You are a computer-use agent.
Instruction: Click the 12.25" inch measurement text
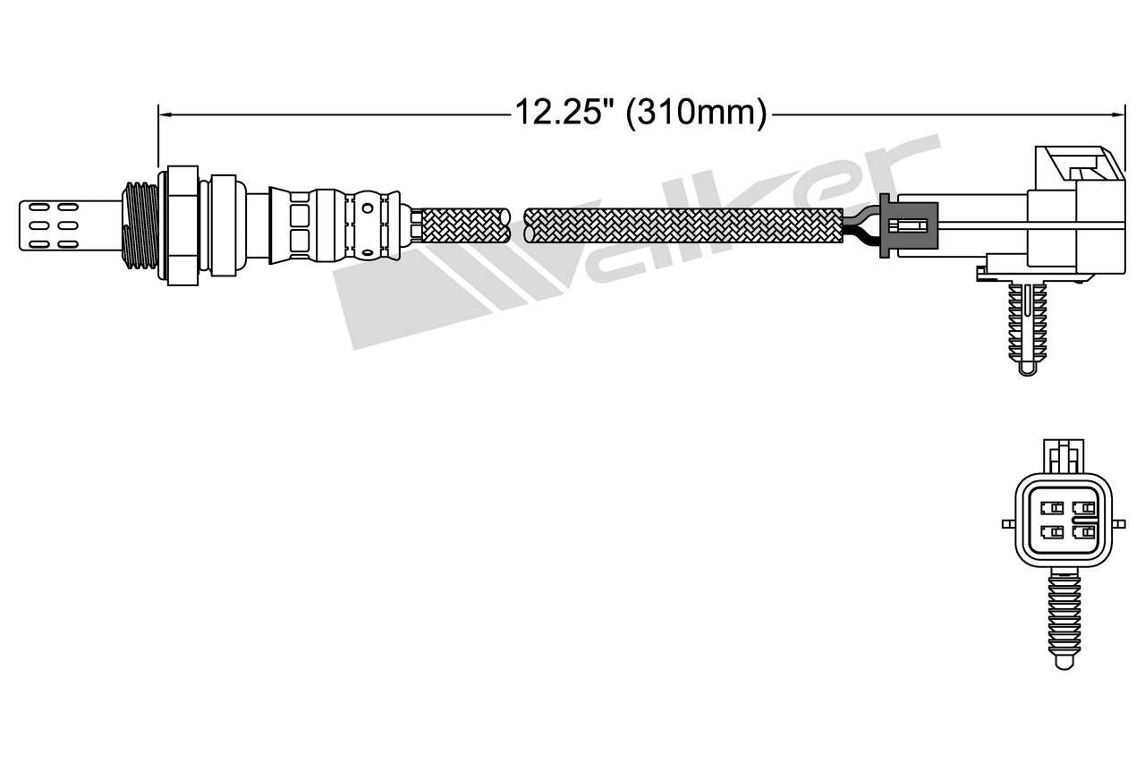[x=564, y=114]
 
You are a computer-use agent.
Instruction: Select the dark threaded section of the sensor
[x=140, y=225]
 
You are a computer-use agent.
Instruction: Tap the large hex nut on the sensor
[x=182, y=225]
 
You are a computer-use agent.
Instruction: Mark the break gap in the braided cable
[x=517, y=225]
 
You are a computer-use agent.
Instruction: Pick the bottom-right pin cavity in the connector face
[x=1083, y=533]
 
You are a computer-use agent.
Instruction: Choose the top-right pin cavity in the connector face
[x=1083, y=508]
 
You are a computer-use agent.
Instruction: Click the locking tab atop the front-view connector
[x=1064, y=456]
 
